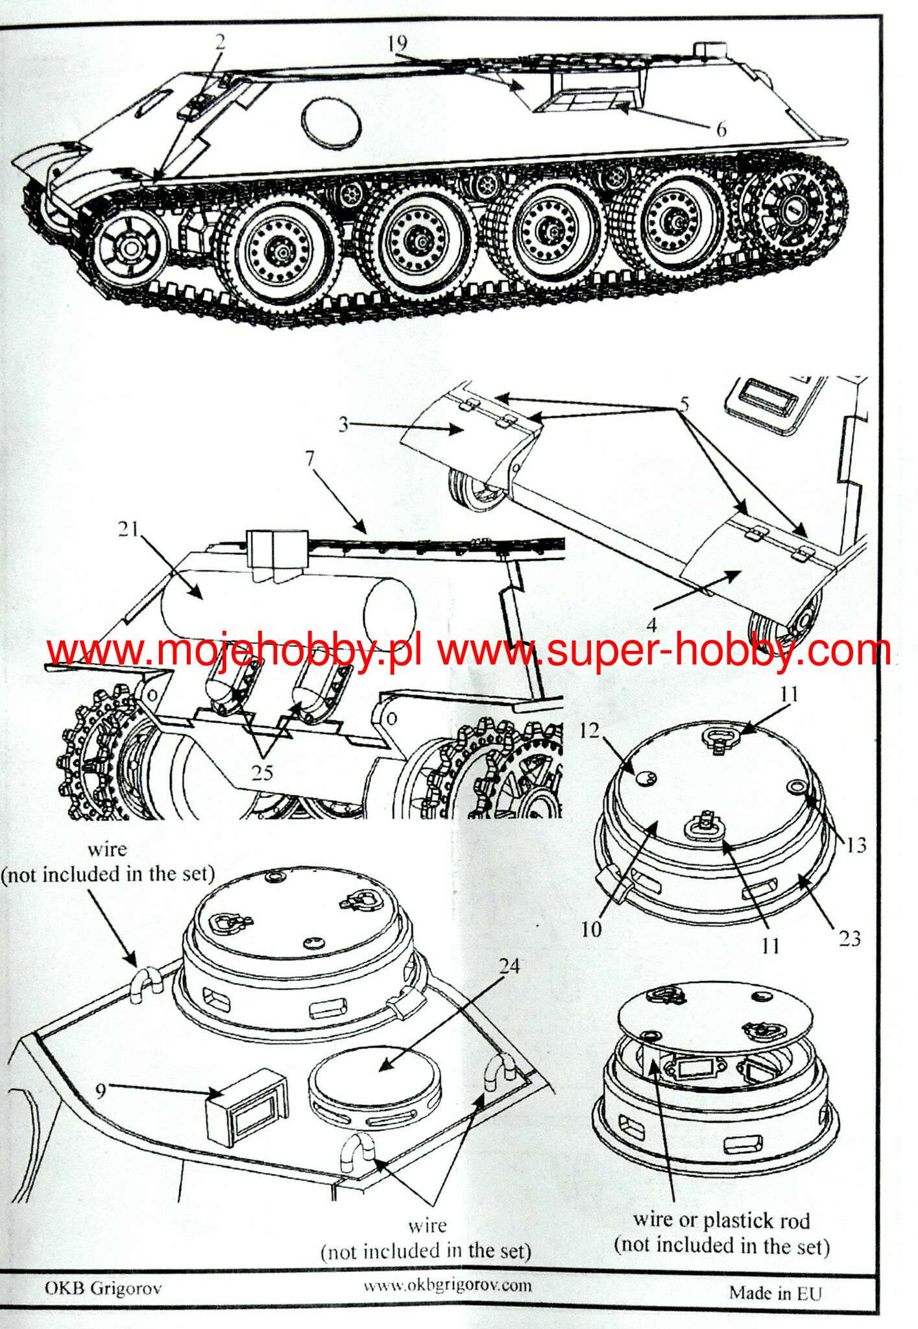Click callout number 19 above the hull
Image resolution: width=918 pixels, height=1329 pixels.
(397, 43)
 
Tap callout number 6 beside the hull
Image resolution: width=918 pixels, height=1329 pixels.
(721, 130)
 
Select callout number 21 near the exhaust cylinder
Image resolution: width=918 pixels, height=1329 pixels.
(128, 529)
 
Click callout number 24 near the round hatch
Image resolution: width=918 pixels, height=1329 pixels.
(509, 966)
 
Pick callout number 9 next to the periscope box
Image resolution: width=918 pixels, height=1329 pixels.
(101, 1090)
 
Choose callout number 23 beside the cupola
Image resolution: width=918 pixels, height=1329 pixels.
(849, 938)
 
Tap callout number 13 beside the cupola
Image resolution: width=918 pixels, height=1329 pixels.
(856, 844)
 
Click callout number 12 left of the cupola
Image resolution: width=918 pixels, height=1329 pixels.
(589, 731)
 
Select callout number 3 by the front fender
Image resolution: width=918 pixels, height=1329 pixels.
(343, 424)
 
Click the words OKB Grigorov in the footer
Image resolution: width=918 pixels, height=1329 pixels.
(103, 1287)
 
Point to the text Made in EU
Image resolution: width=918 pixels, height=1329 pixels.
(775, 1293)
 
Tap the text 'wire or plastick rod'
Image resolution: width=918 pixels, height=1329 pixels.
(721, 1220)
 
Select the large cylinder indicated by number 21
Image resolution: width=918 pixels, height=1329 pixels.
(288, 607)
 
